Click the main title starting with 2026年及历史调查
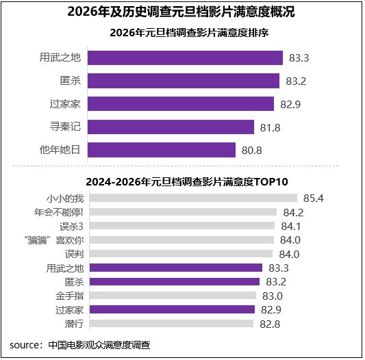tap(182, 12)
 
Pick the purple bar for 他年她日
tap(162, 150)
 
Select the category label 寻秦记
tap(66, 127)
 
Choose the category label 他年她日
tap(60, 150)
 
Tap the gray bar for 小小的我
tap(193, 198)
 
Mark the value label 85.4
tap(314, 198)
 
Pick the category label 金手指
tap(70, 296)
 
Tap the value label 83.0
tap(272, 296)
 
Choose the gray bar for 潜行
tap(173, 323)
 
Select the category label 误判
tap(75, 254)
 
